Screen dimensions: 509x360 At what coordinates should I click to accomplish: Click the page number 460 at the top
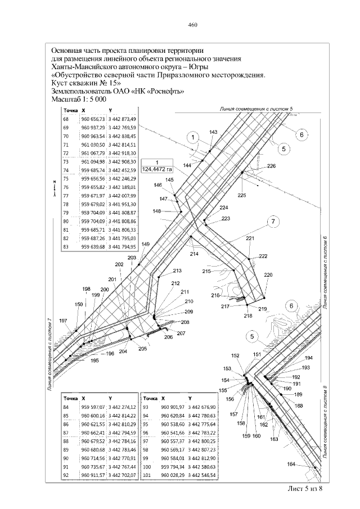point(192,25)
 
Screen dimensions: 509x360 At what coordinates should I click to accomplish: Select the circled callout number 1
point(193,137)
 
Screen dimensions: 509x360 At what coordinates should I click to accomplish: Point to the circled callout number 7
point(273,222)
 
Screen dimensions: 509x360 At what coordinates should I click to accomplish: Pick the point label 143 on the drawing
point(213,132)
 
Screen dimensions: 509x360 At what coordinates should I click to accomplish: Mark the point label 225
point(242,195)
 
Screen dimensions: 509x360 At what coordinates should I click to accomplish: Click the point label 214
point(194,254)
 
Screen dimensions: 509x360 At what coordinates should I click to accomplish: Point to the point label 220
point(268,275)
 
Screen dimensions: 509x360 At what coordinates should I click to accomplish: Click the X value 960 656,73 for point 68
point(93,120)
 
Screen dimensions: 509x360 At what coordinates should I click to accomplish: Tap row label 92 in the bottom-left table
point(66,475)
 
